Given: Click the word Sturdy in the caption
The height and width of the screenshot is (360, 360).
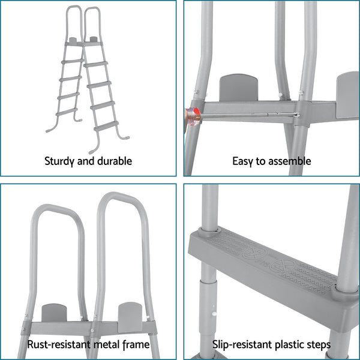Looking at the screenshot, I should (59, 161).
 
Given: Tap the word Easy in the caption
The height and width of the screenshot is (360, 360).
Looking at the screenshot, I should (242, 161).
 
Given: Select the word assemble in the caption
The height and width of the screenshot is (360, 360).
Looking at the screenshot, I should (292, 161).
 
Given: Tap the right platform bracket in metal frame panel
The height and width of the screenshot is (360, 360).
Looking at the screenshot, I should (131, 316).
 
